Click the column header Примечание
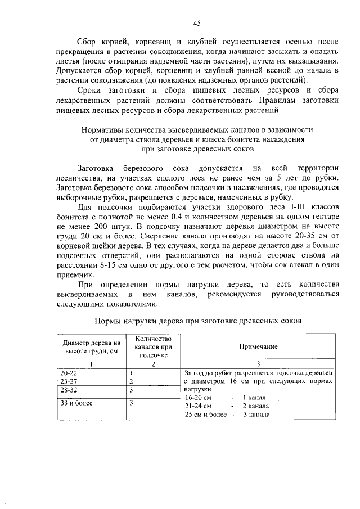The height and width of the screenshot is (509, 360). pos(259,347)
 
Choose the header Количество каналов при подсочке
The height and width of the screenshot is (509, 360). pos(153,347)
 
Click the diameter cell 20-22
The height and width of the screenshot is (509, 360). pos(70,372)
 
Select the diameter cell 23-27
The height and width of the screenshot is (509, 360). pos(70,381)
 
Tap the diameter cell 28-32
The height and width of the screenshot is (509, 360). pos(70,389)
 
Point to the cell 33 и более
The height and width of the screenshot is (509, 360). pos(77,403)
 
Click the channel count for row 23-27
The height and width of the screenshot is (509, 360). pos(130,381)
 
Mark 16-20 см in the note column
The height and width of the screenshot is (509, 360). pos(197,397)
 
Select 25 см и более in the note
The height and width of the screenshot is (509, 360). pos(205,415)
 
